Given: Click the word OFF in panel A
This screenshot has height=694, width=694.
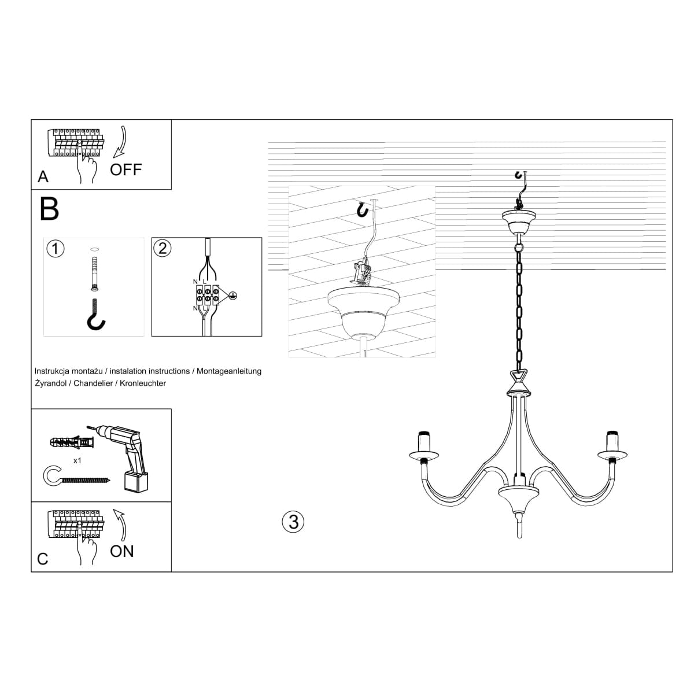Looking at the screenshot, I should pos(125,169).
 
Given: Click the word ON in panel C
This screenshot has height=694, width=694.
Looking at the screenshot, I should pos(121,551).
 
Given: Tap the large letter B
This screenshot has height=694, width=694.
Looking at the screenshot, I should pos(50,209).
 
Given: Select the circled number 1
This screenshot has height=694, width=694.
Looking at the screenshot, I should pos(55,249).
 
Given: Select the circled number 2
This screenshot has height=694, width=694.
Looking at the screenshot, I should pos(163,248).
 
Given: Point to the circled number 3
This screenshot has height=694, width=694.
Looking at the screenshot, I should pos(293,522).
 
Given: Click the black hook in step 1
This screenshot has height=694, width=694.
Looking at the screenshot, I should pos(96,315).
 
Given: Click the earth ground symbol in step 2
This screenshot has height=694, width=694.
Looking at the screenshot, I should pos(233,295).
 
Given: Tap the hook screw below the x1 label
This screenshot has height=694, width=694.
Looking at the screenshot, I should pos(75,478).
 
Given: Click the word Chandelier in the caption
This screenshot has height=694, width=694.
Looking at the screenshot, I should pos(93,383).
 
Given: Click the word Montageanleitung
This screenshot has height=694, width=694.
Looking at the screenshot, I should pos(230,371).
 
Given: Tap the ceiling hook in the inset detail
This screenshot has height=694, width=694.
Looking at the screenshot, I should pos(363,209).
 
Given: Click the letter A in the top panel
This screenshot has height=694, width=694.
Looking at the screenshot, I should pos(43,177).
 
